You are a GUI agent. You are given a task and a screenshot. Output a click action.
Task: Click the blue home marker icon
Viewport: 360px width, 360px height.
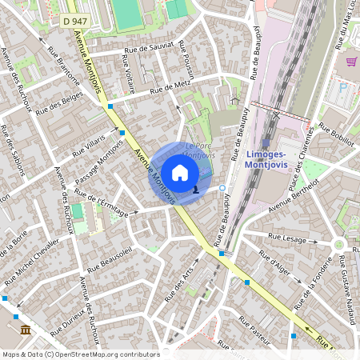pyautogui.click(x=180, y=172)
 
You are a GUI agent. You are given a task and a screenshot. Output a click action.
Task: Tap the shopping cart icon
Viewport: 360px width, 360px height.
pyautogui.click(x=350, y=61)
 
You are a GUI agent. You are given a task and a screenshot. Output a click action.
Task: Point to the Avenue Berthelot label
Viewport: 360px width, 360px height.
pyautogui.click(x=294, y=196)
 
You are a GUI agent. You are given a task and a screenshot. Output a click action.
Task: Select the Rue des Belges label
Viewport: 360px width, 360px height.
pyautogui.click(x=61, y=102)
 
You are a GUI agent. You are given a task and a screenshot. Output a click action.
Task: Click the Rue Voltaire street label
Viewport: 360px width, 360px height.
pyautogui.click(x=129, y=74)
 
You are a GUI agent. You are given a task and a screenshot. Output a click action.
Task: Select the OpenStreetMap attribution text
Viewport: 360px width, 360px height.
pyautogui.click(x=81, y=354)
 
